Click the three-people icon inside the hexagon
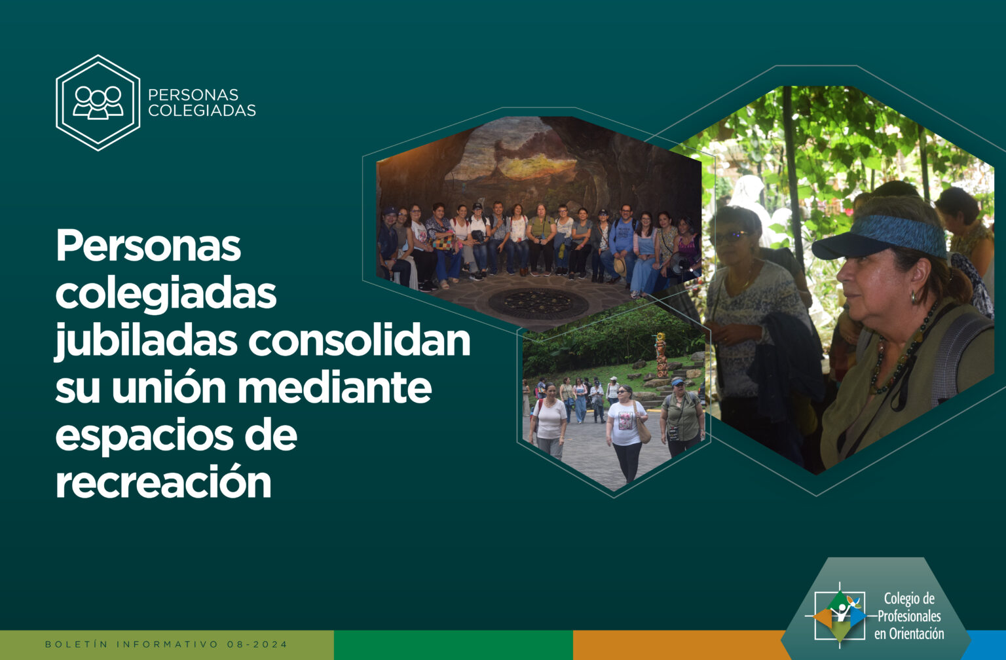[x=98, y=103]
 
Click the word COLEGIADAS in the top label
[x=202, y=111]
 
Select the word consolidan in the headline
[x=360, y=340]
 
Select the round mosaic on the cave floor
[x=538, y=304]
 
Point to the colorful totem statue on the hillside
[x=661, y=355]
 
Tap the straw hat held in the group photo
[x=620, y=267]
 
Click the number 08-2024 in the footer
[x=257, y=644]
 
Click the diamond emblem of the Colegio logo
[x=840, y=615]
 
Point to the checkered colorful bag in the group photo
[x=443, y=243]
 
